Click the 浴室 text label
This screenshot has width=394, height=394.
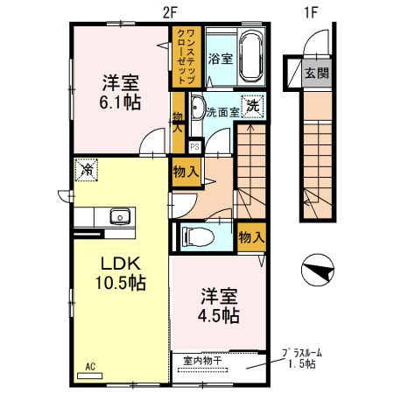point(220,59)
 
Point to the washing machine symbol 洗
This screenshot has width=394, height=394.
point(252,106)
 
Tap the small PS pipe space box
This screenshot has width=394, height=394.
point(194,146)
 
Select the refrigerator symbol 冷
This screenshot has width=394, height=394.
point(87,168)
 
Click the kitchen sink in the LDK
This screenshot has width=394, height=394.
point(116,217)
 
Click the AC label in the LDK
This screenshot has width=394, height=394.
point(89,366)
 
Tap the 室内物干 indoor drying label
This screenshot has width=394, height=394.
point(203,359)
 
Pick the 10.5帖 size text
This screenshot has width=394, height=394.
point(119,283)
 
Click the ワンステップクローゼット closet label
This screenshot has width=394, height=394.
point(186,55)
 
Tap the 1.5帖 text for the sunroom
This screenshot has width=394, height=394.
point(300,365)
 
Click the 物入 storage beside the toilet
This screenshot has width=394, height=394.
point(251,236)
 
